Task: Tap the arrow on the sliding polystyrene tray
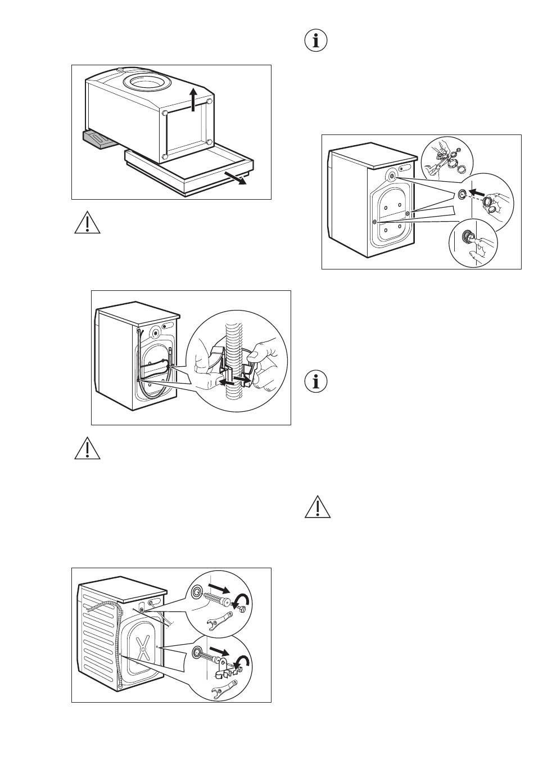pyautogui.click(x=234, y=178)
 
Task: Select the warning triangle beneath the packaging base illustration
pyautogui.click(x=87, y=224)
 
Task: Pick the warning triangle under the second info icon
pyautogui.click(x=318, y=507)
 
